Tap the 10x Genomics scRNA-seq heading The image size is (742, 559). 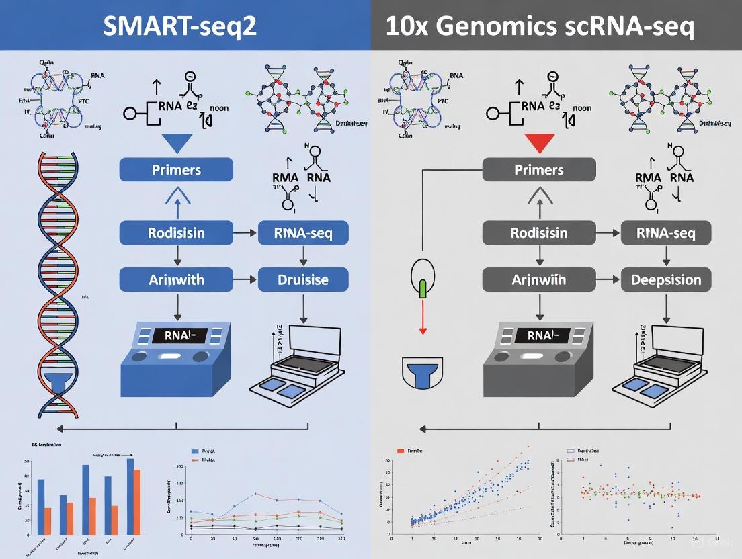click(x=540, y=26)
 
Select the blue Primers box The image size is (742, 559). click(x=176, y=169)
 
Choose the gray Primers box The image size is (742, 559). click(x=539, y=169)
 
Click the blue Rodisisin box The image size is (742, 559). click(x=176, y=234)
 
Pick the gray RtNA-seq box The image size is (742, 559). click(x=665, y=234)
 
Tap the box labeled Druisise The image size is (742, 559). click(x=303, y=279)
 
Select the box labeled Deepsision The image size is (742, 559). click(x=665, y=279)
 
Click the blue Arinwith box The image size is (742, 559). click(x=176, y=279)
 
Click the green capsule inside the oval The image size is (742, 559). click(x=423, y=289)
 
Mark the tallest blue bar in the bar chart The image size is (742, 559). click(x=130, y=494)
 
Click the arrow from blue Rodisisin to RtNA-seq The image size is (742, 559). click(x=245, y=234)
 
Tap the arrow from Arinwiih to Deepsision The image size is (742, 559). click(x=608, y=279)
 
